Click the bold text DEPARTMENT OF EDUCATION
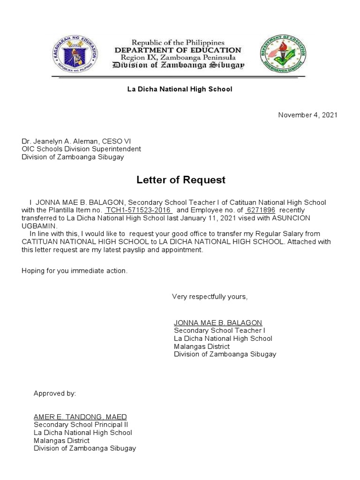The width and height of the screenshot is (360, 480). (178, 50)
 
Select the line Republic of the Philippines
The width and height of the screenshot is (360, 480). (178, 43)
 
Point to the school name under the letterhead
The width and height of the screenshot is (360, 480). (180, 89)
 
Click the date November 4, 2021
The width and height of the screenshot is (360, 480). (307, 115)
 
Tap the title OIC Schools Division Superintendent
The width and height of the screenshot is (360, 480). (81, 149)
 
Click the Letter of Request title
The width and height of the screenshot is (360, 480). (181, 180)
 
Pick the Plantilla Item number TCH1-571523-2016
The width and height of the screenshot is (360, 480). (139, 210)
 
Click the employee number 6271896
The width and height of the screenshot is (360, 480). (261, 210)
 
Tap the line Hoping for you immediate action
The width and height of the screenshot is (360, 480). (75, 270)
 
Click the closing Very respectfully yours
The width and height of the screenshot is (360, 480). (210, 296)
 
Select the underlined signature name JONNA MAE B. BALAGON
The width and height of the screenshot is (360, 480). (218, 322)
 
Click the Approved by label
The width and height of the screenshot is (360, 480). (54, 393)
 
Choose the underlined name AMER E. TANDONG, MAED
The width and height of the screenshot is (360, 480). (80, 417)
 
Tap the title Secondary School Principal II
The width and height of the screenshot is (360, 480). (78, 425)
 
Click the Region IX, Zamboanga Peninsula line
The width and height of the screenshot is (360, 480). (178, 57)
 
